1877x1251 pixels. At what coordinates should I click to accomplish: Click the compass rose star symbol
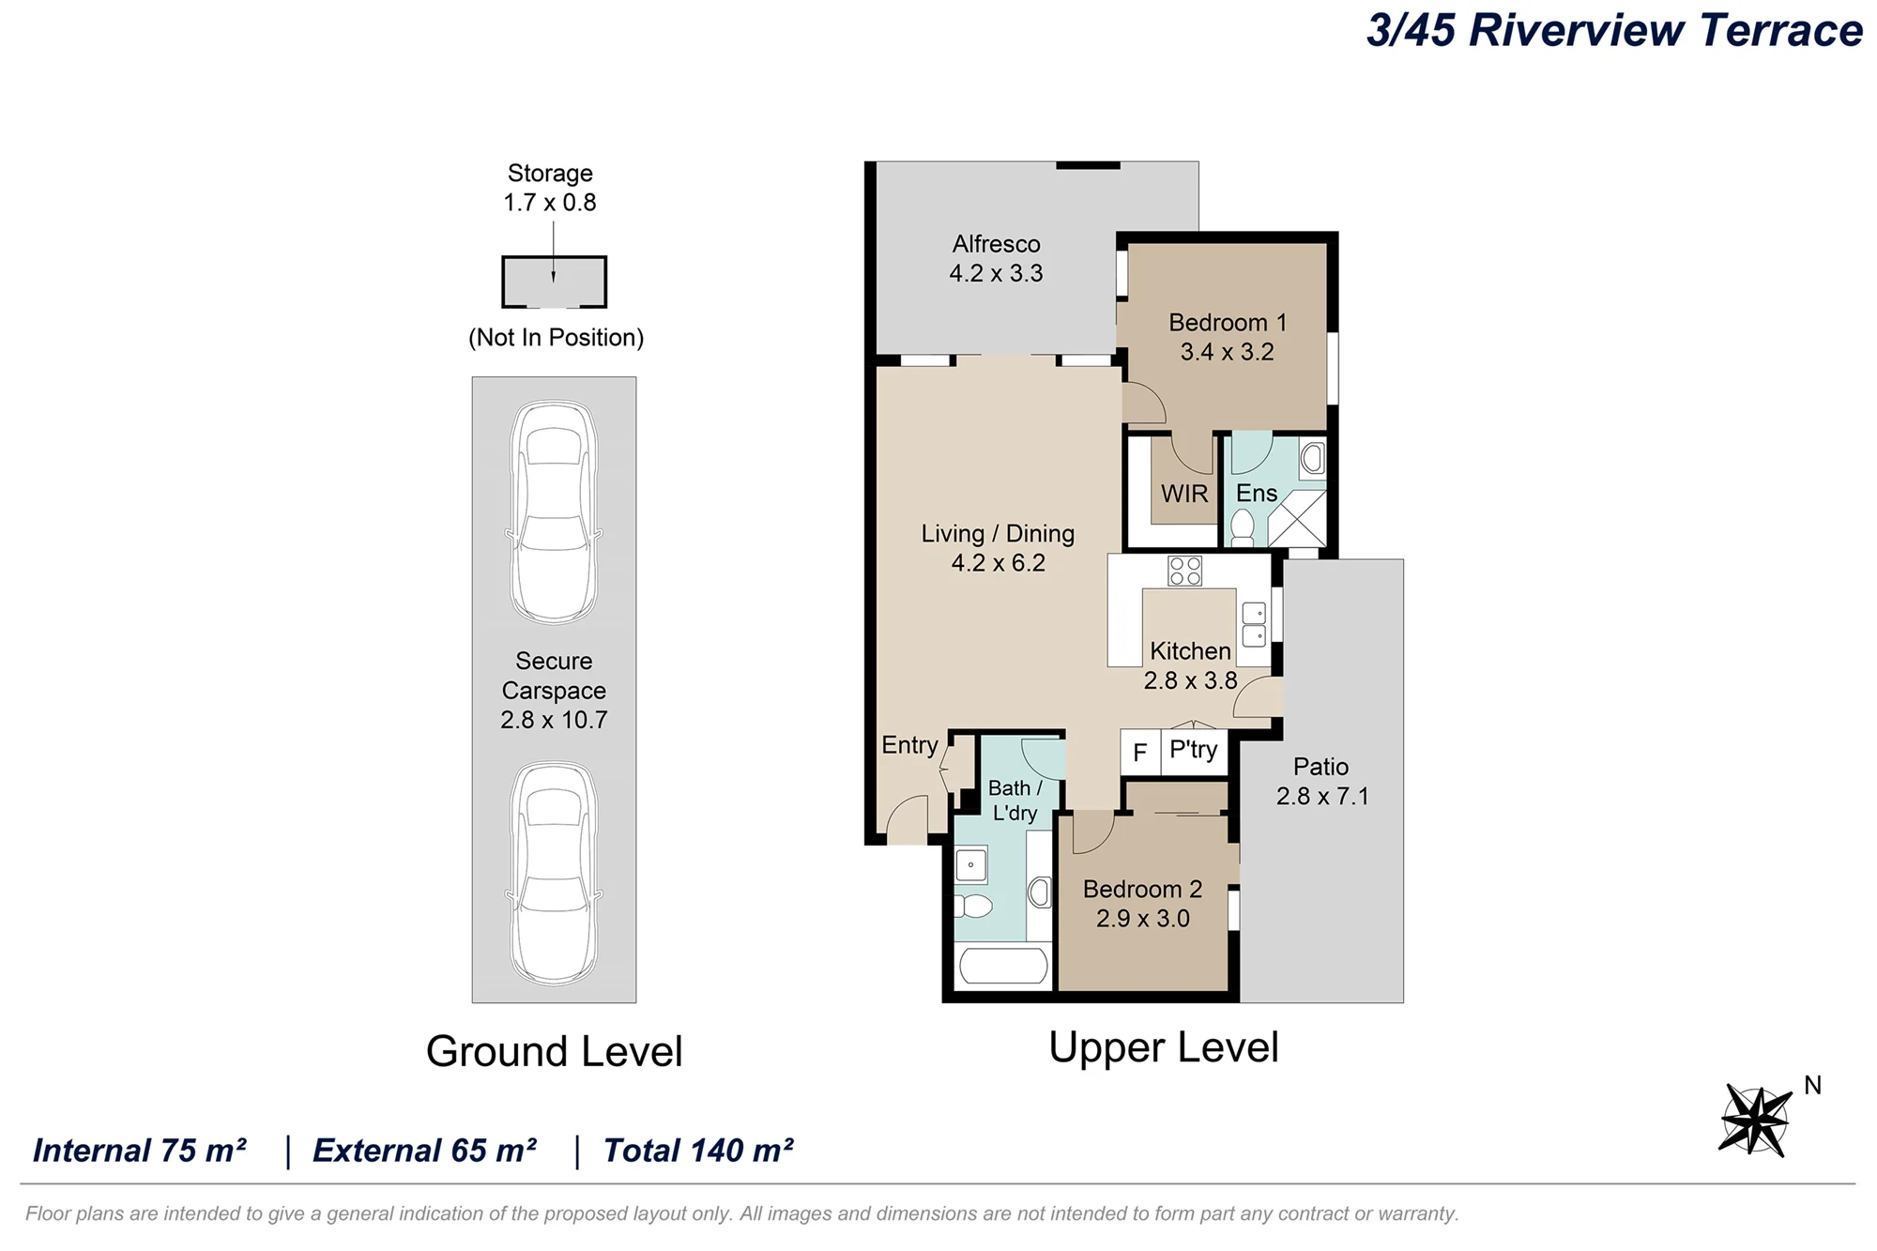[1755, 1121]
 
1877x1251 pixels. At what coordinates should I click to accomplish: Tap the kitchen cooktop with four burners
[1185, 571]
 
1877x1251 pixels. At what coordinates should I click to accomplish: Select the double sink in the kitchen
[1254, 624]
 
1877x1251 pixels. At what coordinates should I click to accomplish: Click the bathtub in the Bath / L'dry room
[1002, 966]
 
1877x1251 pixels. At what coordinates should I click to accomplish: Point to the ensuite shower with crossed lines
[1297, 518]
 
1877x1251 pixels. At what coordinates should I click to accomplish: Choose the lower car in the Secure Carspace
[555, 873]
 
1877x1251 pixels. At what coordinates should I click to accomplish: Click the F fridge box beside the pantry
[1140, 753]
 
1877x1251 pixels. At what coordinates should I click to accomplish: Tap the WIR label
[1184, 494]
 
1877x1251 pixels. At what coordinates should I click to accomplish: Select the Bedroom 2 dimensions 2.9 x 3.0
[1143, 918]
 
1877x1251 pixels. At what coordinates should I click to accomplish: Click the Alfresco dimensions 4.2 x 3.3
[996, 273]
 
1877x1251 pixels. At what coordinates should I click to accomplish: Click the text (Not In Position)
[556, 338]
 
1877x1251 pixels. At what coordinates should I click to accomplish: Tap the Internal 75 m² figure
[140, 1151]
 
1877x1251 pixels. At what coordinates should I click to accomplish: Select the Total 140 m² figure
[698, 1151]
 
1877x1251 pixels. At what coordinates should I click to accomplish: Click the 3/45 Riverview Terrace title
[1614, 30]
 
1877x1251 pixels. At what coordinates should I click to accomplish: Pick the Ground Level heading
[554, 1051]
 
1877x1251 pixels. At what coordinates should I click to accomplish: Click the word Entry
[909, 745]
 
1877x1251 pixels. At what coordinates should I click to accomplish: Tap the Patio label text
[1320, 767]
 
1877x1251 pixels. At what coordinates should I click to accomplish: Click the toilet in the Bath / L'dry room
[973, 906]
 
